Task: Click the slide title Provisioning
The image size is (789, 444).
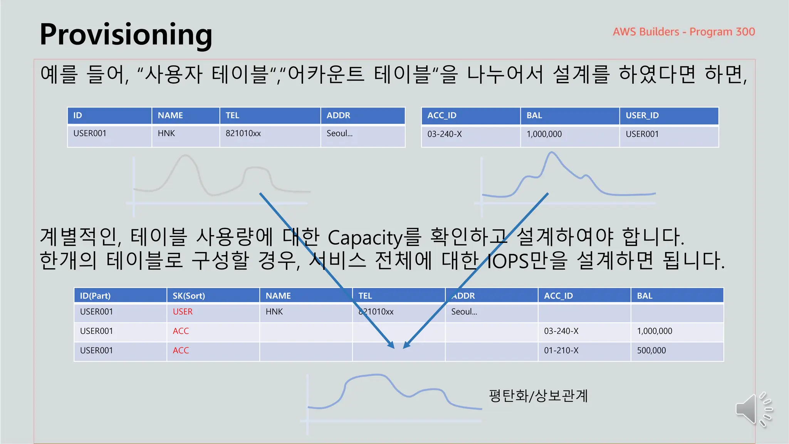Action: click(x=126, y=35)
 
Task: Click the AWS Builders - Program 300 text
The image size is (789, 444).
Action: click(x=684, y=32)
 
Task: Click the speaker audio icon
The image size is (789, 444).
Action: click(x=753, y=409)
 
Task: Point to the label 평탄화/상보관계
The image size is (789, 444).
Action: click(x=538, y=396)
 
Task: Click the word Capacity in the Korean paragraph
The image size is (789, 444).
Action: click(x=365, y=237)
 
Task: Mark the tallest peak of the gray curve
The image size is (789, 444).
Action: click(x=185, y=155)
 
